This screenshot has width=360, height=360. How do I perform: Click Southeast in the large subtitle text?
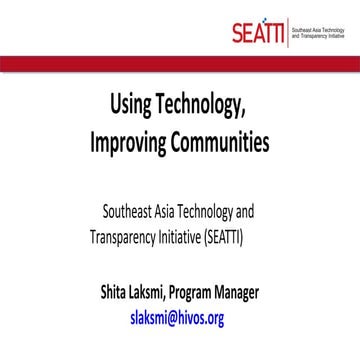pos(132,213)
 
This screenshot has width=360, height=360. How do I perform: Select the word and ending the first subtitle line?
pos(272,213)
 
